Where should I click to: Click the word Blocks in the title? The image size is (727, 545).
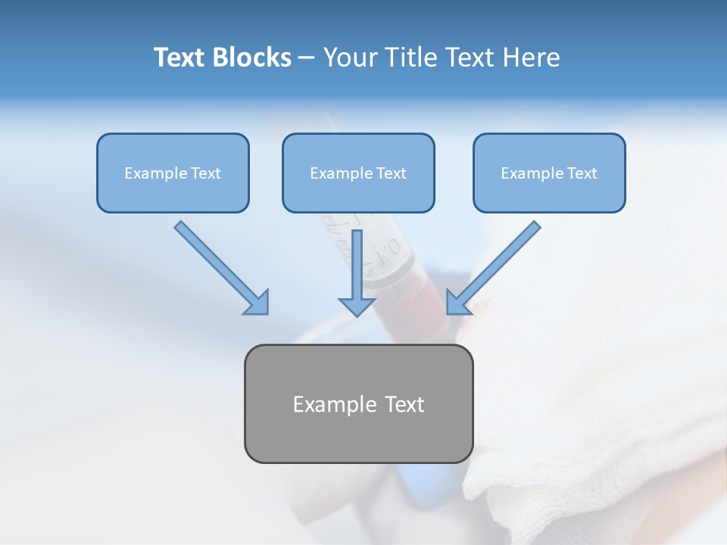(253, 58)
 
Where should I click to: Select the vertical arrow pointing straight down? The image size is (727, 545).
(357, 272)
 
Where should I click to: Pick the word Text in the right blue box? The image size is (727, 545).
(582, 173)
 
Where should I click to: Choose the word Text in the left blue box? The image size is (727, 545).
(206, 173)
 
